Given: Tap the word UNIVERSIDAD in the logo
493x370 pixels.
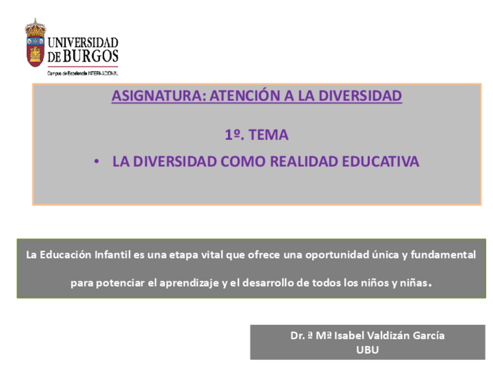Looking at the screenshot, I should (83, 43).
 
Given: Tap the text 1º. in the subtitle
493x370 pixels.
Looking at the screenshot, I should (233, 135).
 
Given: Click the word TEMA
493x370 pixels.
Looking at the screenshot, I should (269, 135).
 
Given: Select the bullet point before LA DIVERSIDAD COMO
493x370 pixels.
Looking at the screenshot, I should (97, 162).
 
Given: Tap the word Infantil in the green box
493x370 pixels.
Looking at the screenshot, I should (106, 255).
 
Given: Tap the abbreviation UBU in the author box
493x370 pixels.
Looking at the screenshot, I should (367, 350).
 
